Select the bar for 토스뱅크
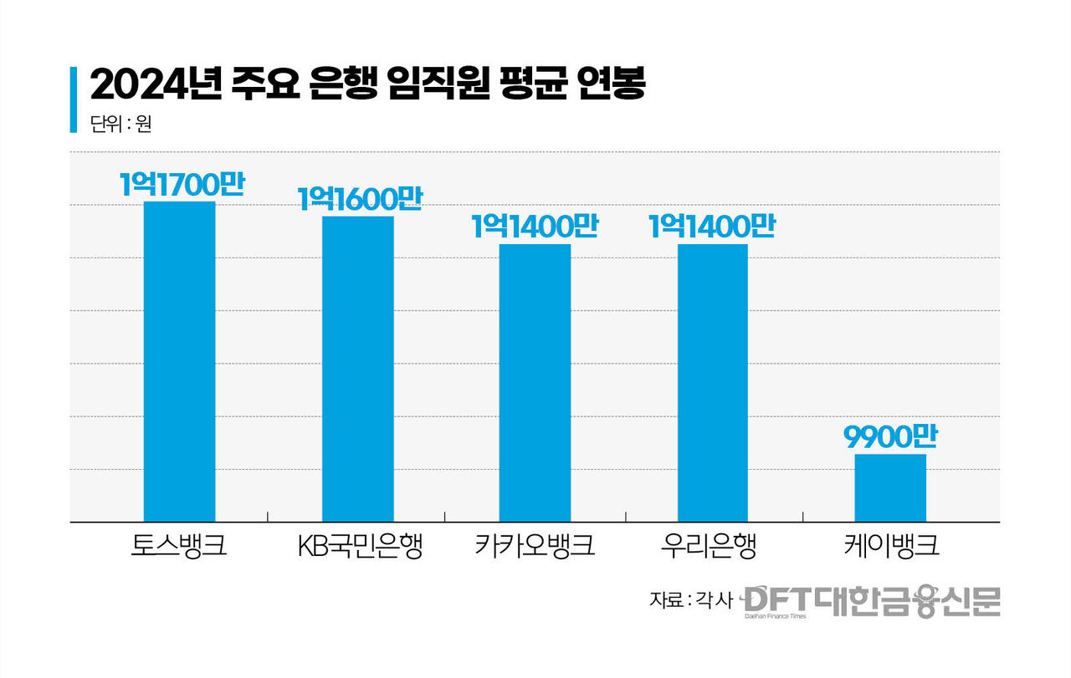(179, 361)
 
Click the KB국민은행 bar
(357, 369)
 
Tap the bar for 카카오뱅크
(535, 383)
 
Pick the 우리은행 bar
(712, 383)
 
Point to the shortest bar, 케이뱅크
(890, 487)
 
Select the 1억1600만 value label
(359, 199)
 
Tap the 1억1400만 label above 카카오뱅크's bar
(535, 227)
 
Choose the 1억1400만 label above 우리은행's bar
(712, 227)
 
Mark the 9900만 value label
(890, 437)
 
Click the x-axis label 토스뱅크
(179, 548)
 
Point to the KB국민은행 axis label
(360, 548)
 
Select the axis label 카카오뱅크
(535, 548)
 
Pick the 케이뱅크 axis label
(890, 548)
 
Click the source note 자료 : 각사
(691, 600)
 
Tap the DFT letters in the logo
(775, 599)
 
